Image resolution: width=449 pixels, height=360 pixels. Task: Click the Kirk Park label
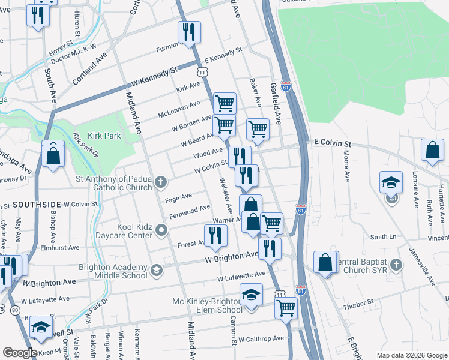coord(104,136)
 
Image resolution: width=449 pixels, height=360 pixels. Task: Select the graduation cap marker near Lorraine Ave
coord(391,183)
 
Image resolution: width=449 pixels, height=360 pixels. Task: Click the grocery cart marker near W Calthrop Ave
coord(286,308)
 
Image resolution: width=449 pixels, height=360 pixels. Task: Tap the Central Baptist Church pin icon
coord(396,265)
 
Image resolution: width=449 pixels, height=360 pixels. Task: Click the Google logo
coord(20,353)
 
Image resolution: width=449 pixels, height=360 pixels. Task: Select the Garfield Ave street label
coord(277,103)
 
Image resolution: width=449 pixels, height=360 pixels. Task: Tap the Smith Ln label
coord(383,237)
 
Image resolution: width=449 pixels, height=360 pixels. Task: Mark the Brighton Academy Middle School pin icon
coord(156,271)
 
